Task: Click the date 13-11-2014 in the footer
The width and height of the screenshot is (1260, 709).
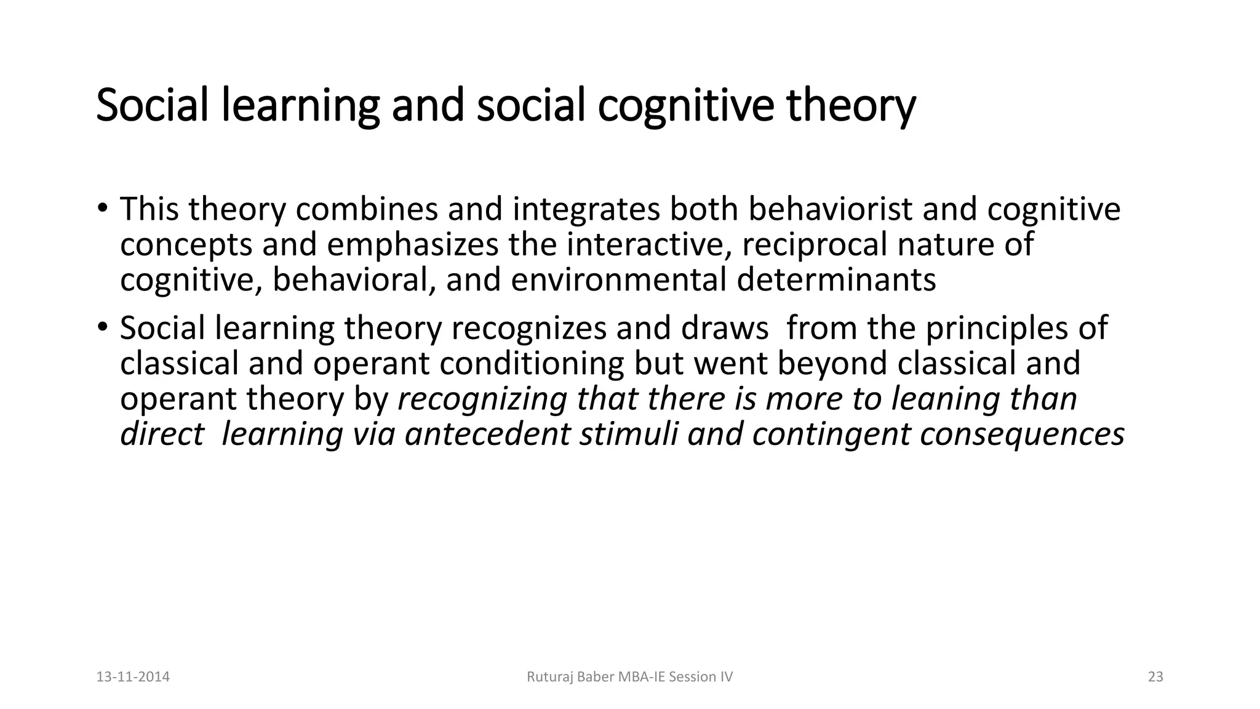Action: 133,677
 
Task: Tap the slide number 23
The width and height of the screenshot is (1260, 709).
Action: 1155,677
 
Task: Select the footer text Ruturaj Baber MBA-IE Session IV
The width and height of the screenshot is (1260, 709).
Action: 630,677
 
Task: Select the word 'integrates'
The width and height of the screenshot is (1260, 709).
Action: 586,210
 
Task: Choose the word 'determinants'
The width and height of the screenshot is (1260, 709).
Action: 837,279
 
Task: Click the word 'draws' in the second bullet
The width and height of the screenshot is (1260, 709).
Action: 725,328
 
